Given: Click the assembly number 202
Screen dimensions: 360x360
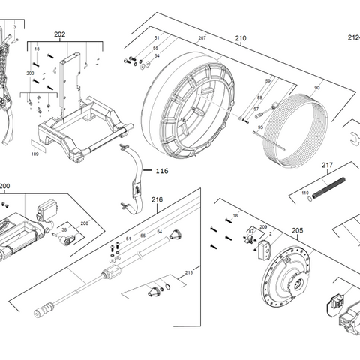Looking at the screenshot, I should pos(60,34).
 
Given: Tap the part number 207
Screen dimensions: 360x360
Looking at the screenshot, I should pos(201,38).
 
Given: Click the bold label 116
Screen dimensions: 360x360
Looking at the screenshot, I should pos(161,172).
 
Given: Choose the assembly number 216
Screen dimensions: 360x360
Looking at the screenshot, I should pos(157,199).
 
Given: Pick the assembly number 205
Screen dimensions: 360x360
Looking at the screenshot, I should pos(297,231).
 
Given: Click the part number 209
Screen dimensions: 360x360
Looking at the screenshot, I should pos(263,226).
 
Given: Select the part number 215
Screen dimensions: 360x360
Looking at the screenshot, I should pos(189,272).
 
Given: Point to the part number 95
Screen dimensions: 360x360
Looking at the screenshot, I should pos(260,127).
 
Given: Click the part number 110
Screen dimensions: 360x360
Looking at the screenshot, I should pos(305,193).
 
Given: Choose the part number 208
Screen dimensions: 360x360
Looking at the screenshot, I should pos(84,223).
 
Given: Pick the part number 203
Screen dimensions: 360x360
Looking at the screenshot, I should pos(31,73).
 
